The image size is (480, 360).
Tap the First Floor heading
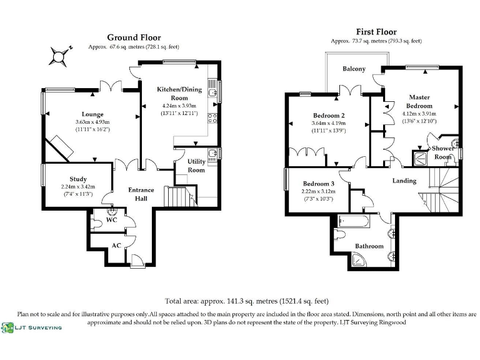click(376, 32)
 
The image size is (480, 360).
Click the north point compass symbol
click(61, 56)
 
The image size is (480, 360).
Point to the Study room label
click(78, 179)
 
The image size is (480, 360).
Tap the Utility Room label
click(196, 166)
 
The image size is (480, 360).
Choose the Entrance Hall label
click(142, 194)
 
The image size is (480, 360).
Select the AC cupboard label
click(116, 246)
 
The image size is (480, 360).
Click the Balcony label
click(354, 69)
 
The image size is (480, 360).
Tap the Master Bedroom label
click(419, 101)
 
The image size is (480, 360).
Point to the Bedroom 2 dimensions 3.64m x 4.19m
click(328, 123)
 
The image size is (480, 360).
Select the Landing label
click(404, 181)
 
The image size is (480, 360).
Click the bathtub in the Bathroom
click(354, 221)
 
